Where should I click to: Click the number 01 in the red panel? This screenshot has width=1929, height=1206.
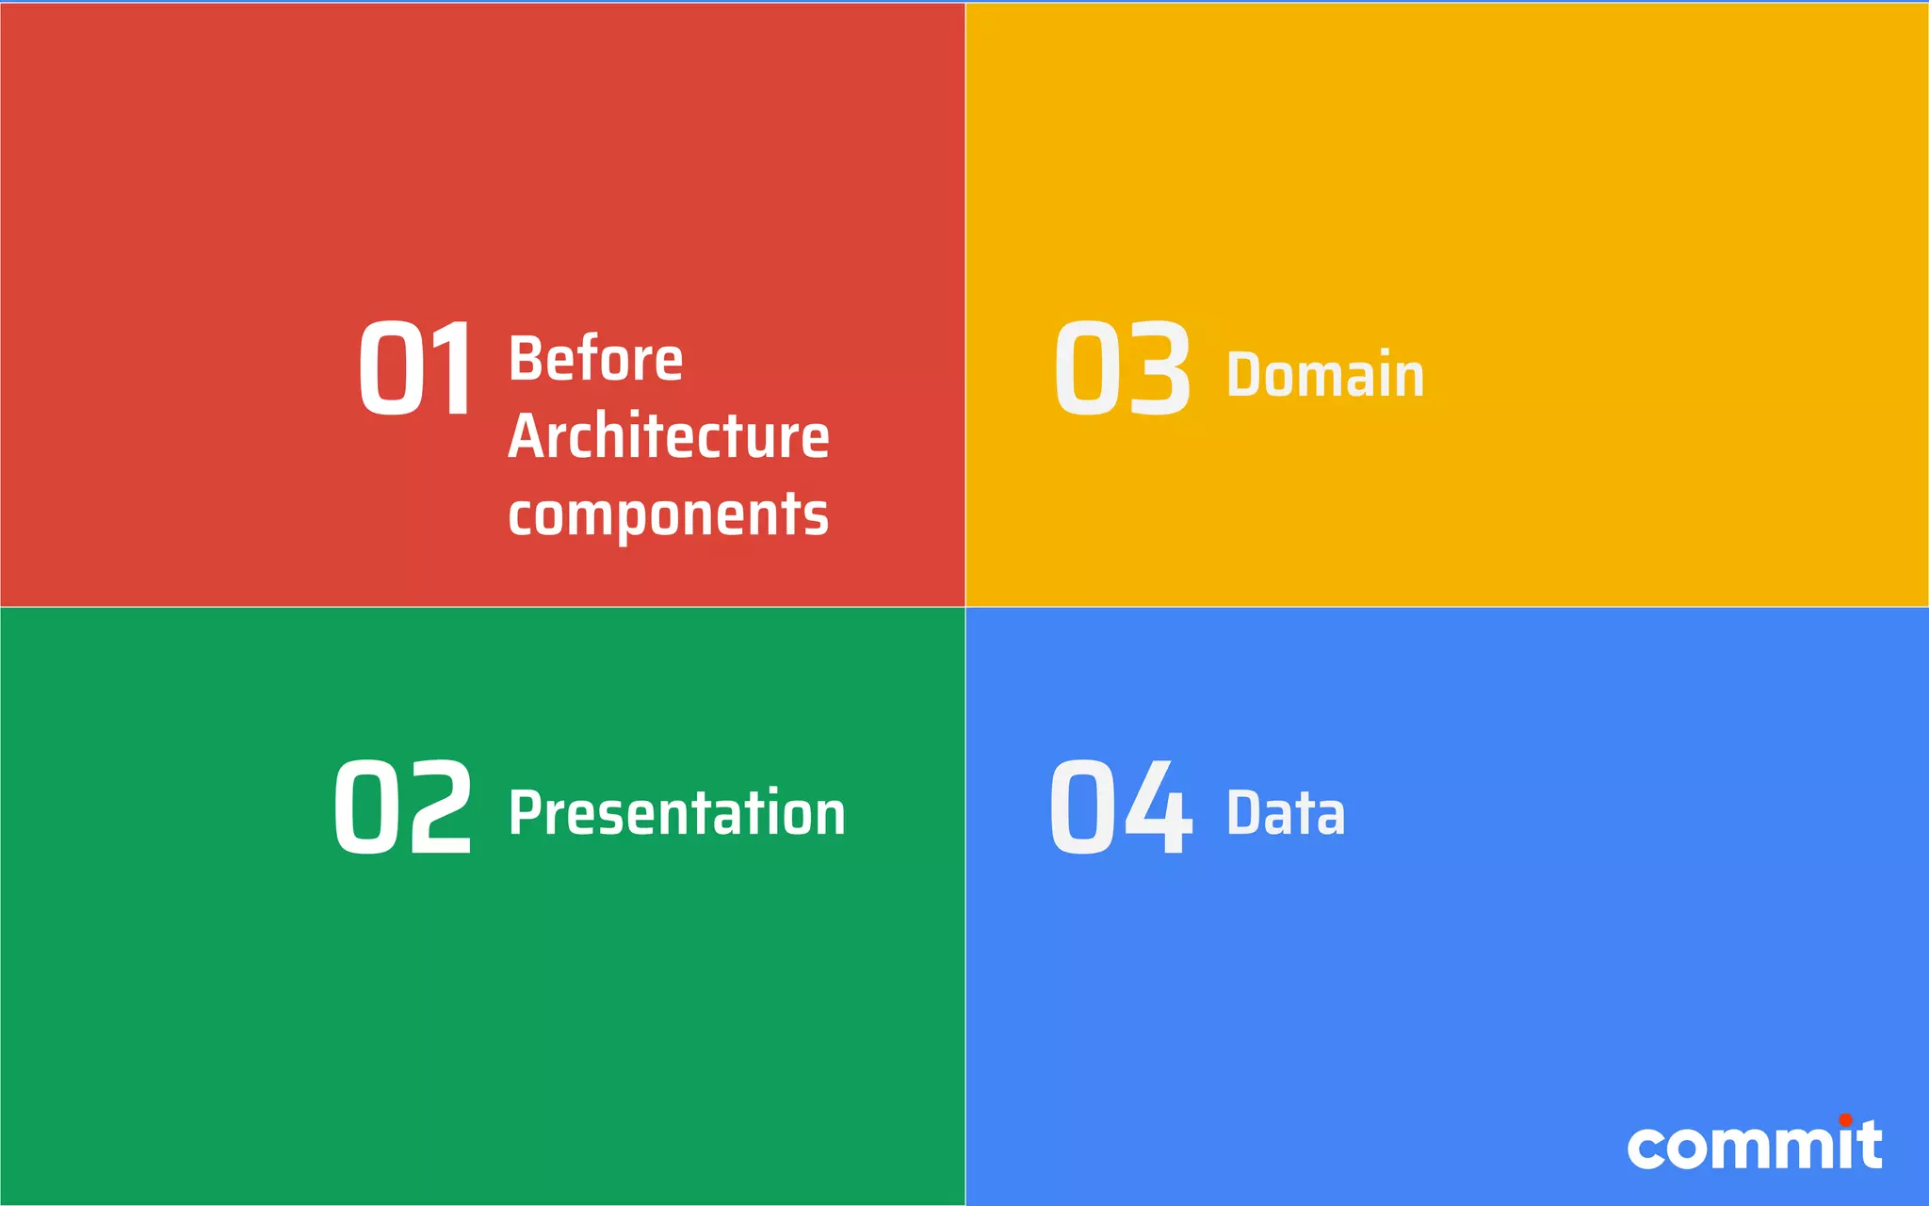pos(415,367)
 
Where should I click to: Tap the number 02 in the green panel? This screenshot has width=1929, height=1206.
pos(402,807)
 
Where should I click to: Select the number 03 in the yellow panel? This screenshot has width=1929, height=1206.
pos(1122,367)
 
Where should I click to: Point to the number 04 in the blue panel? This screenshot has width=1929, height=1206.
pos(1121,807)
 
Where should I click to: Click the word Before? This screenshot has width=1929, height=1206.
pos(595,359)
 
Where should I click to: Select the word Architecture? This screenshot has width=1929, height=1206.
pos(668,436)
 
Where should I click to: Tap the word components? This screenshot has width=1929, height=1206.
pos(668,515)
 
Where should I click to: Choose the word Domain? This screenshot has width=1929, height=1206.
pos(1324,375)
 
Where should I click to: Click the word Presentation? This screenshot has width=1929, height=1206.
pos(676,813)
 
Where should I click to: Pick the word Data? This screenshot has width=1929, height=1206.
pos(1285,813)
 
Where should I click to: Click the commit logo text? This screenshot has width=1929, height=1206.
pos(1754,1147)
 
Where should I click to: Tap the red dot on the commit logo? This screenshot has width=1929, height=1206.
pos(1845,1119)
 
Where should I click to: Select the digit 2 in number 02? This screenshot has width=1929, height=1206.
pos(439,807)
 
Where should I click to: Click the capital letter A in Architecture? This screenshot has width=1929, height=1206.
pos(527,436)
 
